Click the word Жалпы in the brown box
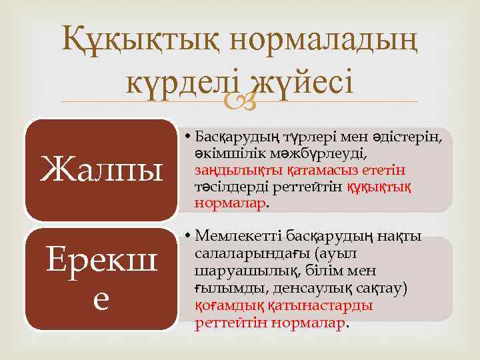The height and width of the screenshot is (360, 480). [102, 168]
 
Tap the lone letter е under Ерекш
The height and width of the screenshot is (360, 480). [102, 300]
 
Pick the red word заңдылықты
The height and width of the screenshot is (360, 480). [233, 170]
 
